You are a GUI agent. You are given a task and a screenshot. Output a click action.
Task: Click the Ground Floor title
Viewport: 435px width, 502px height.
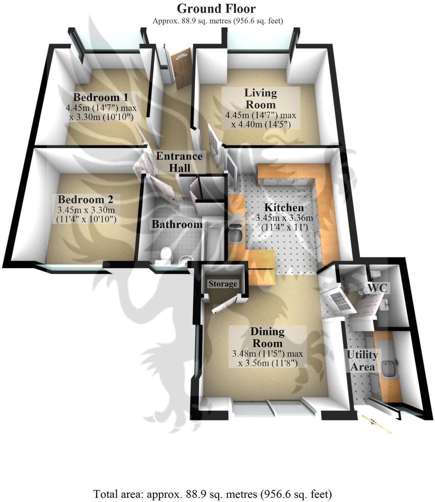[x=216, y=8]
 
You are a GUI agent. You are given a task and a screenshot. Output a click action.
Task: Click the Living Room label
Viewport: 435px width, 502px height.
[x=260, y=98]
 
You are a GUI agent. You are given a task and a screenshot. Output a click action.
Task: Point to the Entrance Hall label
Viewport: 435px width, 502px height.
[x=179, y=161]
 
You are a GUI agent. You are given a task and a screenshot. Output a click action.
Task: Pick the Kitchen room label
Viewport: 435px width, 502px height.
[x=284, y=208]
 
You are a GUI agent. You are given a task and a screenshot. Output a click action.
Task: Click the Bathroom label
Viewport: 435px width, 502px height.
[x=177, y=224]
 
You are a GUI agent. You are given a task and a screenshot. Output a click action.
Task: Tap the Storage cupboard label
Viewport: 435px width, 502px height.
[x=223, y=284]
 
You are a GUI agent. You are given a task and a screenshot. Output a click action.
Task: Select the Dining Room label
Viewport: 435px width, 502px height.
[x=267, y=337]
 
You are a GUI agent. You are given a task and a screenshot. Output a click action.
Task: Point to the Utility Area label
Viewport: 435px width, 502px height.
[x=362, y=361]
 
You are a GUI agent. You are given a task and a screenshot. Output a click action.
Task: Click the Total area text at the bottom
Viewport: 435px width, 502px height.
[x=213, y=494]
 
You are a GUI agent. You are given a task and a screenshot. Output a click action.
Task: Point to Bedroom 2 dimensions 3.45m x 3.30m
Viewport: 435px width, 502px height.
[x=86, y=214]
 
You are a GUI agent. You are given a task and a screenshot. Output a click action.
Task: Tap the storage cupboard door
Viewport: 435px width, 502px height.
[x=224, y=305]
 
